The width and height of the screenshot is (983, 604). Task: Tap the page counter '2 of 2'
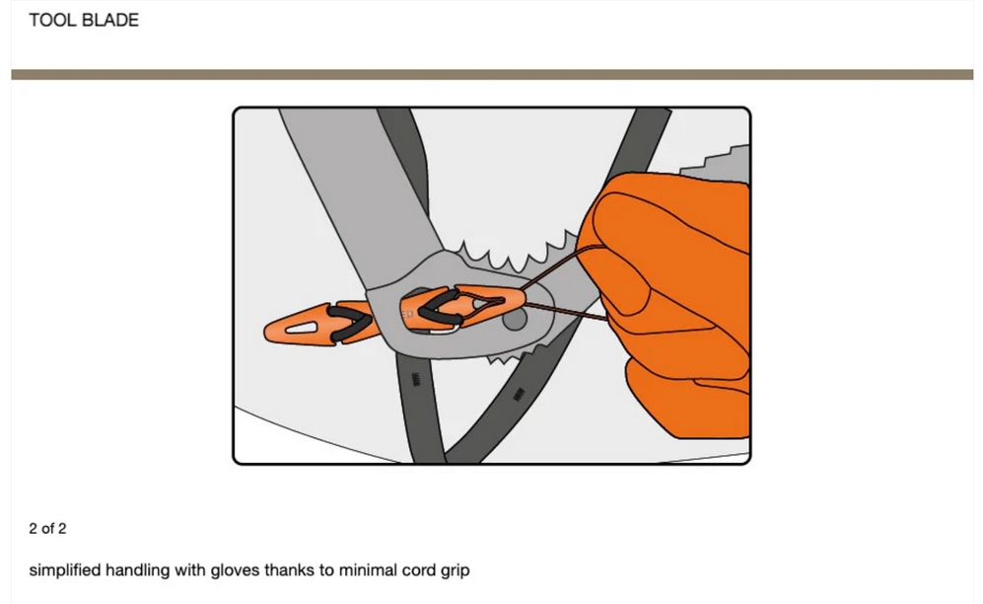coord(47,529)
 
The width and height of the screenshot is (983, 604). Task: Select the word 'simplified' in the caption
coord(65,570)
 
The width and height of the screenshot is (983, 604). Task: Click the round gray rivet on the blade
coord(515,319)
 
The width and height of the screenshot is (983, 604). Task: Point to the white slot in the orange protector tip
coord(302,328)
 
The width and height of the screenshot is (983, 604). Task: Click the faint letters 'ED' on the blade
coord(407,313)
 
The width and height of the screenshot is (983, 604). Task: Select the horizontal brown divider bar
coord(492,75)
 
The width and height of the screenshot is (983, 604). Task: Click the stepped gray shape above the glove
coord(716,161)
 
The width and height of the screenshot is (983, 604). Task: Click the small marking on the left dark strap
coord(416,379)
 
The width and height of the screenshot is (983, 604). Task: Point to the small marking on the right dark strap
coord(519,395)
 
